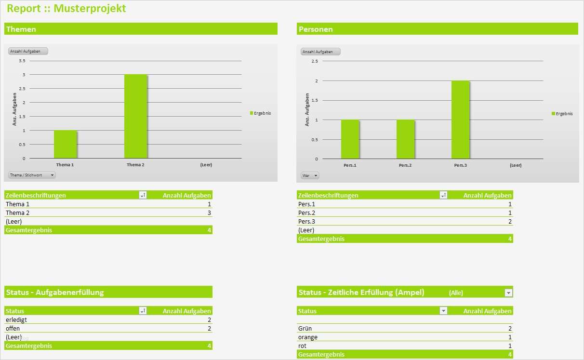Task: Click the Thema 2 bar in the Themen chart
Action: pyautogui.click(x=135, y=117)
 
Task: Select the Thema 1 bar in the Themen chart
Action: pyautogui.click(x=65, y=144)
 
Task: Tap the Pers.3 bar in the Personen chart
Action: pyautogui.click(x=460, y=120)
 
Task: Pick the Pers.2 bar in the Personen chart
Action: pyautogui.click(x=405, y=139)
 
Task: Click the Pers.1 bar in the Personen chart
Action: pyautogui.click(x=350, y=139)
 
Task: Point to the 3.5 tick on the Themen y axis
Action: pyautogui.click(x=22, y=61)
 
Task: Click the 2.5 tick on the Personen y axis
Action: pyautogui.click(x=315, y=61)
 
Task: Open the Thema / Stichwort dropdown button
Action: pyautogui.click(x=32, y=175)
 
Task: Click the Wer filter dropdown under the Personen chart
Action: pyautogui.click(x=310, y=175)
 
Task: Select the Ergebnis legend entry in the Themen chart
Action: pyautogui.click(x=261, y=113)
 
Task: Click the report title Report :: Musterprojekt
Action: pyautogui.click(x=66, y=8)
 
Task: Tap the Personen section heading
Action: pyautogui.click(x=316, y=29)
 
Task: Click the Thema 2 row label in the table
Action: pyautogui.click(x=17, y=213)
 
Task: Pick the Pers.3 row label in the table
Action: pyautogui.click(x=306, y=221)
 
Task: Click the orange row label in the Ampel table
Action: pyautogui.click(x=308, y=337)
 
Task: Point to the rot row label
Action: pyautogui.click(x=302, y=346)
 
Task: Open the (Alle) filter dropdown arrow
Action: pyautogui.click(x=508, y=293)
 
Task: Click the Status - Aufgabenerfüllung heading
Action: pyautogui.click(x=54, y=292)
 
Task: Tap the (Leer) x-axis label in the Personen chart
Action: pyautogui.click(x=516, y=165)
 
